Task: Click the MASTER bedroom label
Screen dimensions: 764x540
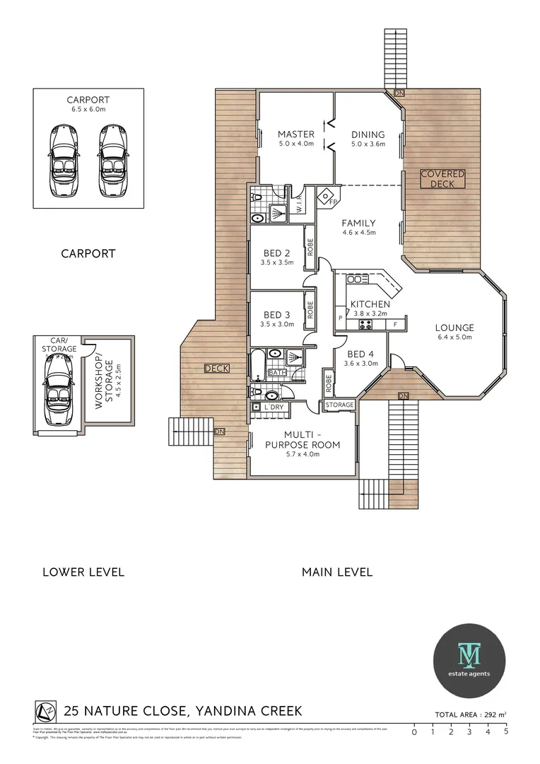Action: [x=295, y=134]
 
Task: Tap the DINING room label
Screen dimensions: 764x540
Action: [x=368, y=134]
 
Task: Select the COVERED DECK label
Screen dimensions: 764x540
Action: [x=442, y=178]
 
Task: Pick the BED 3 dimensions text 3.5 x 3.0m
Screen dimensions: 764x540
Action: [x=277, y=325]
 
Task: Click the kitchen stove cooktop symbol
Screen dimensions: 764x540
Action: [x=367, y=325]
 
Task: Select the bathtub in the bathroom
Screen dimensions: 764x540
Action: [x=257, y=362]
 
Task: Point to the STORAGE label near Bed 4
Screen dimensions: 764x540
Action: [x=339, y=405]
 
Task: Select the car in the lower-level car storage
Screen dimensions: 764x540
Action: [x=57, y=389]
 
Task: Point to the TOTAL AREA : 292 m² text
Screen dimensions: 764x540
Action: [x=470, y=714]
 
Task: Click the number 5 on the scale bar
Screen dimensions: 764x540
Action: [x=506, y=732]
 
